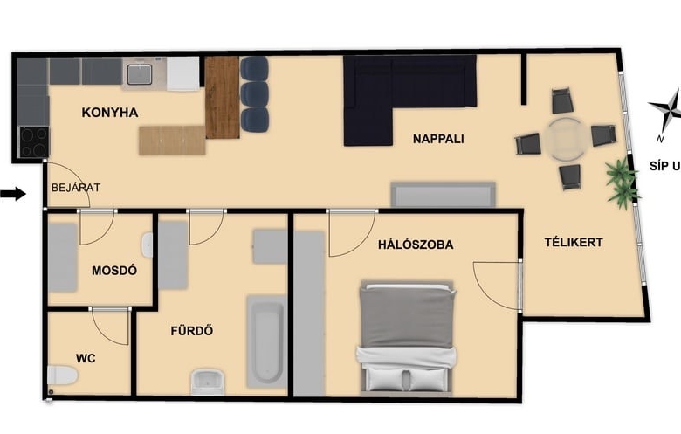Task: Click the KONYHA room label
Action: pyautogui.click(x=110, y=113)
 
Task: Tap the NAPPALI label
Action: pyautogui.click(x=438, y=139)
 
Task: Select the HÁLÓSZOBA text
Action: pyautogui.click(x=416, y=245)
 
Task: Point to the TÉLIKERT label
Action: pyautogui.click(x=574, y=242)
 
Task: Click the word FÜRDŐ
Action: pyautogui.click(x=192, y=331)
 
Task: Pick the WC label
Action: pyautogui.click(x=86, y=358)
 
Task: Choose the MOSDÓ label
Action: pyautogui.click(x=114, y=270)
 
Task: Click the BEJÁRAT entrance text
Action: pyautogui.click(x=76, y=188)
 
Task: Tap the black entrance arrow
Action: pyautogui.click(x=13, y=194)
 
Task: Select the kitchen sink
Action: pyautogui.click(x=140, y=74)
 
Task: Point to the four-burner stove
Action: pyautogui.click(x=34, y=141)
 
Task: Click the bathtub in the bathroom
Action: pyautogui.click(x=265, y=341)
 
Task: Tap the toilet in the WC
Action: pyautogui.click(x=62, y=375)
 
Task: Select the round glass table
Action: pyautogui.click(x=566, y=139)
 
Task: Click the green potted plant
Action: pyautogui.click(x=623, y=180)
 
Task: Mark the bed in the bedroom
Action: pyautogui.click(x=407, y=339)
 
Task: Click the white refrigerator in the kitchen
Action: pyautogui.click(x=182, y=74)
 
